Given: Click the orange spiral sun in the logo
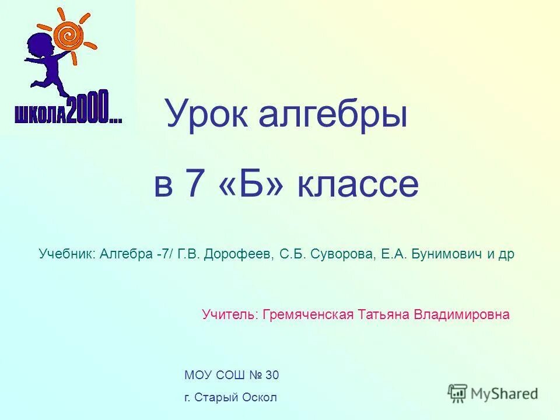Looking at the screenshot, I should pyautogui.click(x=69, y=34).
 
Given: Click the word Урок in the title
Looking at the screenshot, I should pyautogui.click(x=206, y=114).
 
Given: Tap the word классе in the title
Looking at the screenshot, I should pyautogui.click(x=359, y=184).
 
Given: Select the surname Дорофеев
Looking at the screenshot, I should pyautogui.click(x=237, y=254).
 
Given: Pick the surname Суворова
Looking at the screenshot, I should pyautogui.click(x=339, y=254).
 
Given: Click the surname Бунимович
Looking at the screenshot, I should pyautogui.click(x=447, y=254).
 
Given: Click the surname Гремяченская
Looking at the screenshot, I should pyautogui.click(x=309, y=315).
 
